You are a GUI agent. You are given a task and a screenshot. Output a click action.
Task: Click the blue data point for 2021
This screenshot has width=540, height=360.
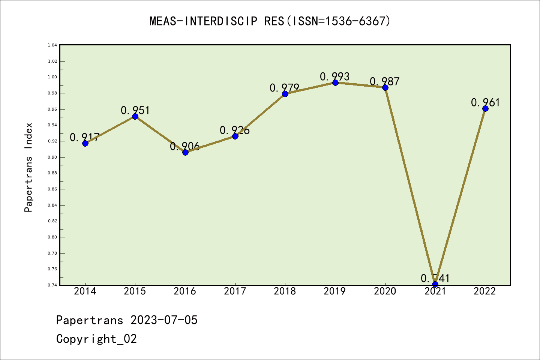pos(435,284)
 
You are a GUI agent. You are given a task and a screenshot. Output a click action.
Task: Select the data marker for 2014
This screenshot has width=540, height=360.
pos(85,143)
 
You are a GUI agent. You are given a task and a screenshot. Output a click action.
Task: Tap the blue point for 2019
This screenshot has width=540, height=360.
pos(335,82)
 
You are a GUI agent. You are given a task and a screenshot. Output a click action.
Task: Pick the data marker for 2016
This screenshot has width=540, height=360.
pos(185,152)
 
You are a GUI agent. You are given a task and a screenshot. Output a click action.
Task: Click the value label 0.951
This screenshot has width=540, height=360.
pos(135,110)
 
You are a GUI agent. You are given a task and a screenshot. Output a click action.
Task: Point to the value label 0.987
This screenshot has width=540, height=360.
pos(385,81)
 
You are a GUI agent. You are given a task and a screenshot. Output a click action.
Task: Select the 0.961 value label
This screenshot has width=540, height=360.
pos(485,102)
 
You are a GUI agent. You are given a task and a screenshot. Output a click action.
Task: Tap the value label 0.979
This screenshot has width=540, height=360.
pos(285,88)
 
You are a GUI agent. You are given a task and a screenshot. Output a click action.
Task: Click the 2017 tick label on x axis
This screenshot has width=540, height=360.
pos(235,291)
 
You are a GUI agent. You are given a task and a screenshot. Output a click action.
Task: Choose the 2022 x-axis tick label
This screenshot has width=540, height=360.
pos(485,291)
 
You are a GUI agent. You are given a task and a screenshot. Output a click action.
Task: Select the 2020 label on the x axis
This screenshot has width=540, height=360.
pos(385,291)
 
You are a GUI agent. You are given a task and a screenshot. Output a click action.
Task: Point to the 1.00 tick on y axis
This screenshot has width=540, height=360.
pos(52,77)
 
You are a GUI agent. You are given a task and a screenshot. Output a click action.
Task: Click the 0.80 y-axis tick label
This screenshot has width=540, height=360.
pos(52,237)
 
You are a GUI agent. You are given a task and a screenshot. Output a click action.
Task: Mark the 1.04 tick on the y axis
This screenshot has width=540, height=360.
pos(52,45)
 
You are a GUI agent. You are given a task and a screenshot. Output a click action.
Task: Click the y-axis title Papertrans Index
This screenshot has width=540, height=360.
pos(28,167)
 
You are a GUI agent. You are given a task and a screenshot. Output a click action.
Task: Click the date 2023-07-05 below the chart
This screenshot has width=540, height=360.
pos(164,320)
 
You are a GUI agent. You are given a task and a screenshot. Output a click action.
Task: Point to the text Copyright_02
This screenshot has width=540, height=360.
pos(96,339)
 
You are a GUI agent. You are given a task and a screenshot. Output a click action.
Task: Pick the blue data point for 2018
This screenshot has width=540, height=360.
pos(285,94)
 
